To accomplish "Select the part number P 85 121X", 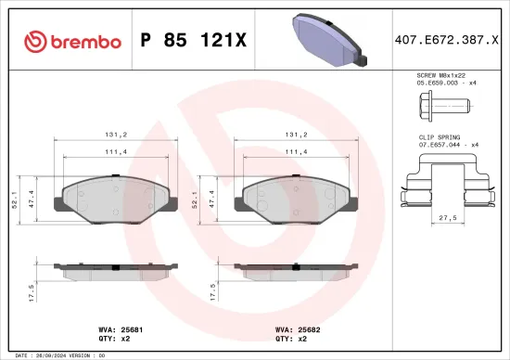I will (193, 41).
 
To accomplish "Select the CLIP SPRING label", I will (437, 136).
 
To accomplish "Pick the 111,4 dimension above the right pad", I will (296, 150).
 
